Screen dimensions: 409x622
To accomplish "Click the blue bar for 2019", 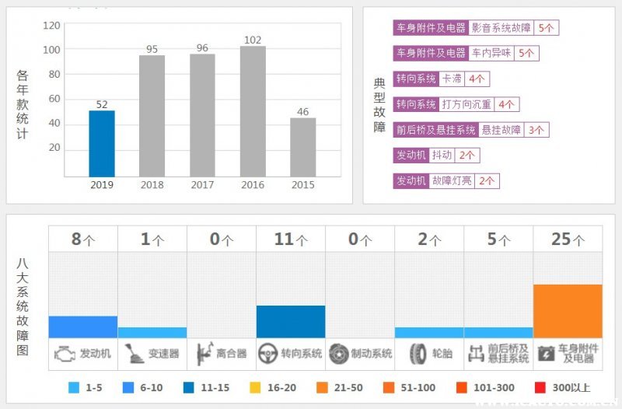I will [x=102, y=144].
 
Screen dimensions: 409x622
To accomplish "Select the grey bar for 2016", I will [x=253, y=111].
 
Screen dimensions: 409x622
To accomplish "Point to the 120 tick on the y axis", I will [x=51, y=26].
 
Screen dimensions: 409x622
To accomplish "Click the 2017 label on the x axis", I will [x=202, y=185].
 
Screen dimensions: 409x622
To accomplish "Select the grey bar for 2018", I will [x=152, y=116].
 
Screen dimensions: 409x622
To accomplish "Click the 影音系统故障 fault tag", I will [x=501, y=27].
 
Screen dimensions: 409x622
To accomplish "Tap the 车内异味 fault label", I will [x=491, y=53].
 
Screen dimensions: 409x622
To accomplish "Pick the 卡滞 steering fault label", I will [x=452, y=79].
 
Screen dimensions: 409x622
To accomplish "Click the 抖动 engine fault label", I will [x=442, y=156].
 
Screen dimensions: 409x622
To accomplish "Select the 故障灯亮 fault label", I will [x=452, y=181].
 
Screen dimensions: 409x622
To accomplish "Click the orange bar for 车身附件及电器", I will [x=568, y=311].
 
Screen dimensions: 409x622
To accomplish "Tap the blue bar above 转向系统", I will [x=291, y=321].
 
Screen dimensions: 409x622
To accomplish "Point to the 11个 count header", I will [x=291, y=239].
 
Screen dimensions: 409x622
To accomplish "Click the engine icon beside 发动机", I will [x=64, y=354].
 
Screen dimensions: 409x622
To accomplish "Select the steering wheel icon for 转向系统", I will [x=268, y=354].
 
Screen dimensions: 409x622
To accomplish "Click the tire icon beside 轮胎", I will [x=418, y=354].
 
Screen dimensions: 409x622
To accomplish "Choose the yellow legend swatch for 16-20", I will [x=254, y=387].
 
